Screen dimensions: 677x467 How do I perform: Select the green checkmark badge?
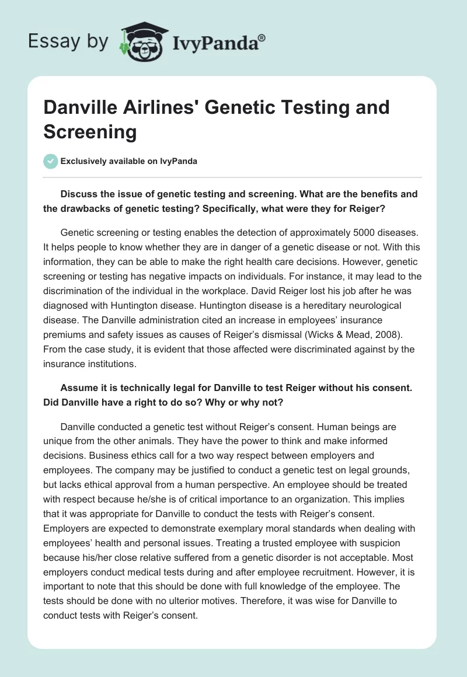pos(51,162)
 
